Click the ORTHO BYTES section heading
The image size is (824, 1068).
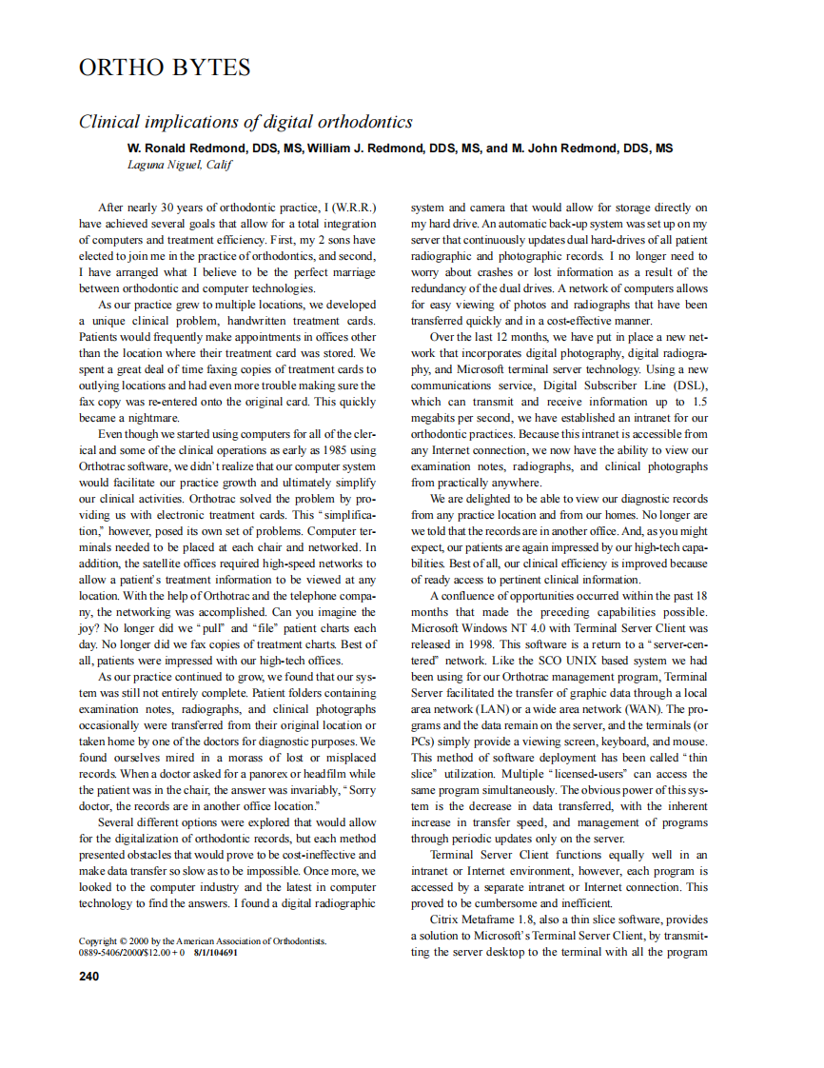(165, 68)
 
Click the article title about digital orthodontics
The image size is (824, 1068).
(245, 122)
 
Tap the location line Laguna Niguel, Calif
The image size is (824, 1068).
(180, 164)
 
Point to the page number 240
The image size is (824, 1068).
(88, 976)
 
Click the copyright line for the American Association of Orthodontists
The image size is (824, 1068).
(202, 940)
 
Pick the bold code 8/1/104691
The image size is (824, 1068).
(216, 951)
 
